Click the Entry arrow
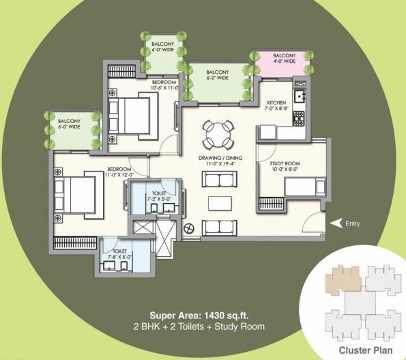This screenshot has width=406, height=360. click(335, 223)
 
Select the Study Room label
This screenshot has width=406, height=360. click(275, 163)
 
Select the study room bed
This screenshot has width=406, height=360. click(301, 186)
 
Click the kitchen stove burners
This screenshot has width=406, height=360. click(298, 117)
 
